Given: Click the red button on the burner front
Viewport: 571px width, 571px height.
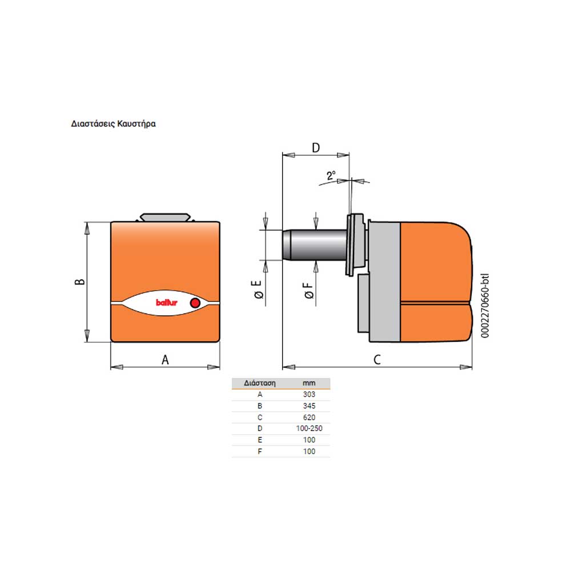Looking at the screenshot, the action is tap(195, 303).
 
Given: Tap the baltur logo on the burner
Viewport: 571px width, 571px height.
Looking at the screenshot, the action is tap(166, 303).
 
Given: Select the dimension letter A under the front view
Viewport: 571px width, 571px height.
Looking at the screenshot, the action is tap(165, 360).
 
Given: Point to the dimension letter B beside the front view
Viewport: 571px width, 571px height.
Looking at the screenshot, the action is tap(80, 282).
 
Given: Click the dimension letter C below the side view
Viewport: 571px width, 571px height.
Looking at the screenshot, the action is tap(377, 360).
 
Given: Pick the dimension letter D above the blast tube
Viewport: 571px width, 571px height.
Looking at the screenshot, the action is tap(316, 148).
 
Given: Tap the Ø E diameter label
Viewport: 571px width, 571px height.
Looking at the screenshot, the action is tap(258, 289).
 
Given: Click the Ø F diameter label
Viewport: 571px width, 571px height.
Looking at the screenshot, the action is tap(308, 290).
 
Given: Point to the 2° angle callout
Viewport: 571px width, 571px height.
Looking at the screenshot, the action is tap(331, 175).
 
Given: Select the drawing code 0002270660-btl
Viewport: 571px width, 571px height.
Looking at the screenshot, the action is tap(485, 305).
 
